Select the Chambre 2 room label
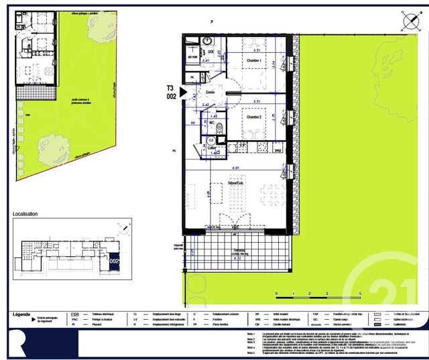[253, 117]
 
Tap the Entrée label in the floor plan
[210, 93]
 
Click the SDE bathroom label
[210, 52]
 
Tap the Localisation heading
[25, 214]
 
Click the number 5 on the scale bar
[360, 294]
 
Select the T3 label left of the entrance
[172, 88]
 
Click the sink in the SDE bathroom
[206, 41]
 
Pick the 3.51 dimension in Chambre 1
[253, 50]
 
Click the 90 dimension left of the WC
[193, 123]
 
